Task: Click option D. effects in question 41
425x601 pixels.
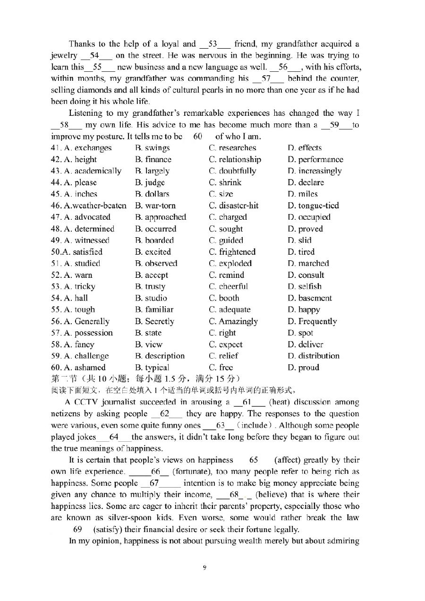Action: point(305,148)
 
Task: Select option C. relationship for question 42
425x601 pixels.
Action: point(235,160)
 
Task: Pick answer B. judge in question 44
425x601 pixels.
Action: point(150,183)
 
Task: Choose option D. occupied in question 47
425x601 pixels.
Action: point(309,217)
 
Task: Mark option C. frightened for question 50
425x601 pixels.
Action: point(232,252)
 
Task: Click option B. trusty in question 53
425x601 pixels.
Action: point(150,287)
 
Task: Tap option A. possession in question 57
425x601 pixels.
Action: point(82,333)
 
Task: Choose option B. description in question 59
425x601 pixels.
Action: point(160,356)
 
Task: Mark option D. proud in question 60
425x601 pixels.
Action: point(303,368)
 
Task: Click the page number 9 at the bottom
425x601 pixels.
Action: point(204,568)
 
